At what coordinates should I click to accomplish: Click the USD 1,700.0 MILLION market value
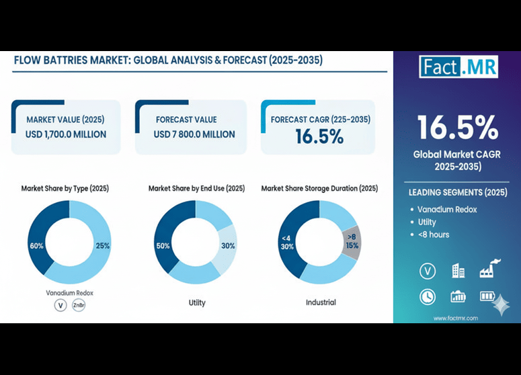pos(67,134)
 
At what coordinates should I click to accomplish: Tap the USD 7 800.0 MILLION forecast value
pos(194,134)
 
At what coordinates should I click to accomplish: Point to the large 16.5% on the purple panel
pos(457,127)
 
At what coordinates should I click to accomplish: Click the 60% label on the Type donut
pos(36,246)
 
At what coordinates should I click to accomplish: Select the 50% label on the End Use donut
pos(162,246)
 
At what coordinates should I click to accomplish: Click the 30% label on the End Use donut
pos(228,246)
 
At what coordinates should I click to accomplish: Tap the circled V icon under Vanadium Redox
pos(61,305)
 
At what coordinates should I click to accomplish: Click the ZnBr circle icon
pos(79,305)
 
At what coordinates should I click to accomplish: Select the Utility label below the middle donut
pos(197,302)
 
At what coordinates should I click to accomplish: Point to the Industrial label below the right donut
pos(321,302)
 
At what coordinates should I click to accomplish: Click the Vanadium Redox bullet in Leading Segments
pos(447,210)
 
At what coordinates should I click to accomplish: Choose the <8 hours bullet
pos(434,235)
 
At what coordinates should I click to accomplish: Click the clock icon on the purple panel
pos(427,296)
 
